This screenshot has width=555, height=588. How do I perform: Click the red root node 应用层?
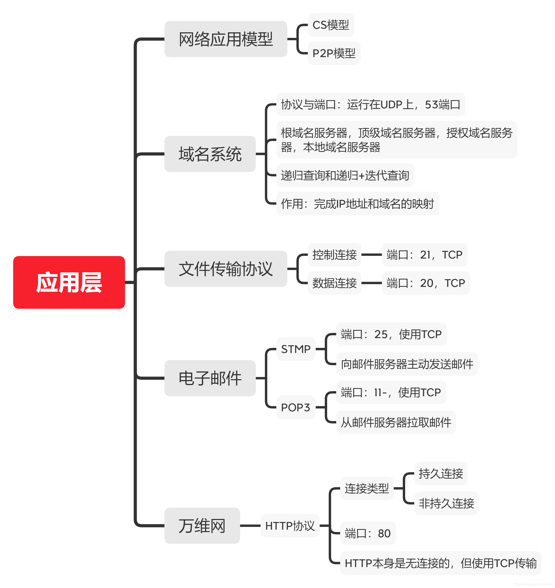click(x=69, y=282)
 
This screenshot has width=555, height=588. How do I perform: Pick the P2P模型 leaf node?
click(x=334, y=53)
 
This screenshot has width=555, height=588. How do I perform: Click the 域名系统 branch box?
click(x=210, y=154)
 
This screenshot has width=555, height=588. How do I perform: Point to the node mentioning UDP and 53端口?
click(x=370, y=105)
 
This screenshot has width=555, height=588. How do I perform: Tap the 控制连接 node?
click(x=334, y=255)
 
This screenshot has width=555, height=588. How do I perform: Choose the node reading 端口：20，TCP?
click(x=425, y=283)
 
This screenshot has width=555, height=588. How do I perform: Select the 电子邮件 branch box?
click(x=210, y=378)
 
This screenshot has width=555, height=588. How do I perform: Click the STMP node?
click(x=295, y=349)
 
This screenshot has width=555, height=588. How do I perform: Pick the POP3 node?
click(x=295, y=407)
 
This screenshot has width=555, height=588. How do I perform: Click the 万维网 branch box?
click(x=202, y=526)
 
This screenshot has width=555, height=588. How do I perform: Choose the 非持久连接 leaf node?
click(x=446, y=503)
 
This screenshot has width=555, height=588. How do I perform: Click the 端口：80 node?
click(x=368, y=533)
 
